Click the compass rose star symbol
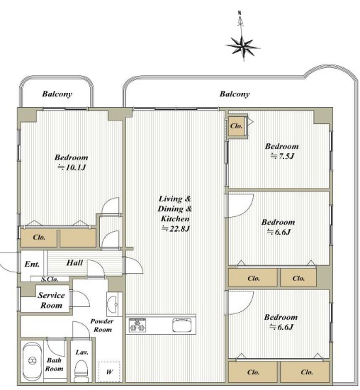[x=242, y=47]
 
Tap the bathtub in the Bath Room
[x=32, y=362]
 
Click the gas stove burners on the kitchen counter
[x=137, y=325]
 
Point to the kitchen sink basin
[x=182, y=325]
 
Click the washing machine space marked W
[x=109, y=372]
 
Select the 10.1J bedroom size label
[x=72, y=167]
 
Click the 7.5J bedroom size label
[x=283, y=156]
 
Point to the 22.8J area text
[x=176, y=228]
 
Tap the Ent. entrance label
[x=32, y=264]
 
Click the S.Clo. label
[x=50, y=279]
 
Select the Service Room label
[x=51, y=300]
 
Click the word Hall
[x=74, y=263]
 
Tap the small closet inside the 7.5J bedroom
[x=236, y=126]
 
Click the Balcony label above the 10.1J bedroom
[x=57, y=94]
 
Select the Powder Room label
[x=101, y=325]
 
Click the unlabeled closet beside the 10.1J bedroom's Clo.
[x=78, y=238]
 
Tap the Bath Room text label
[x=54, y=364]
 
